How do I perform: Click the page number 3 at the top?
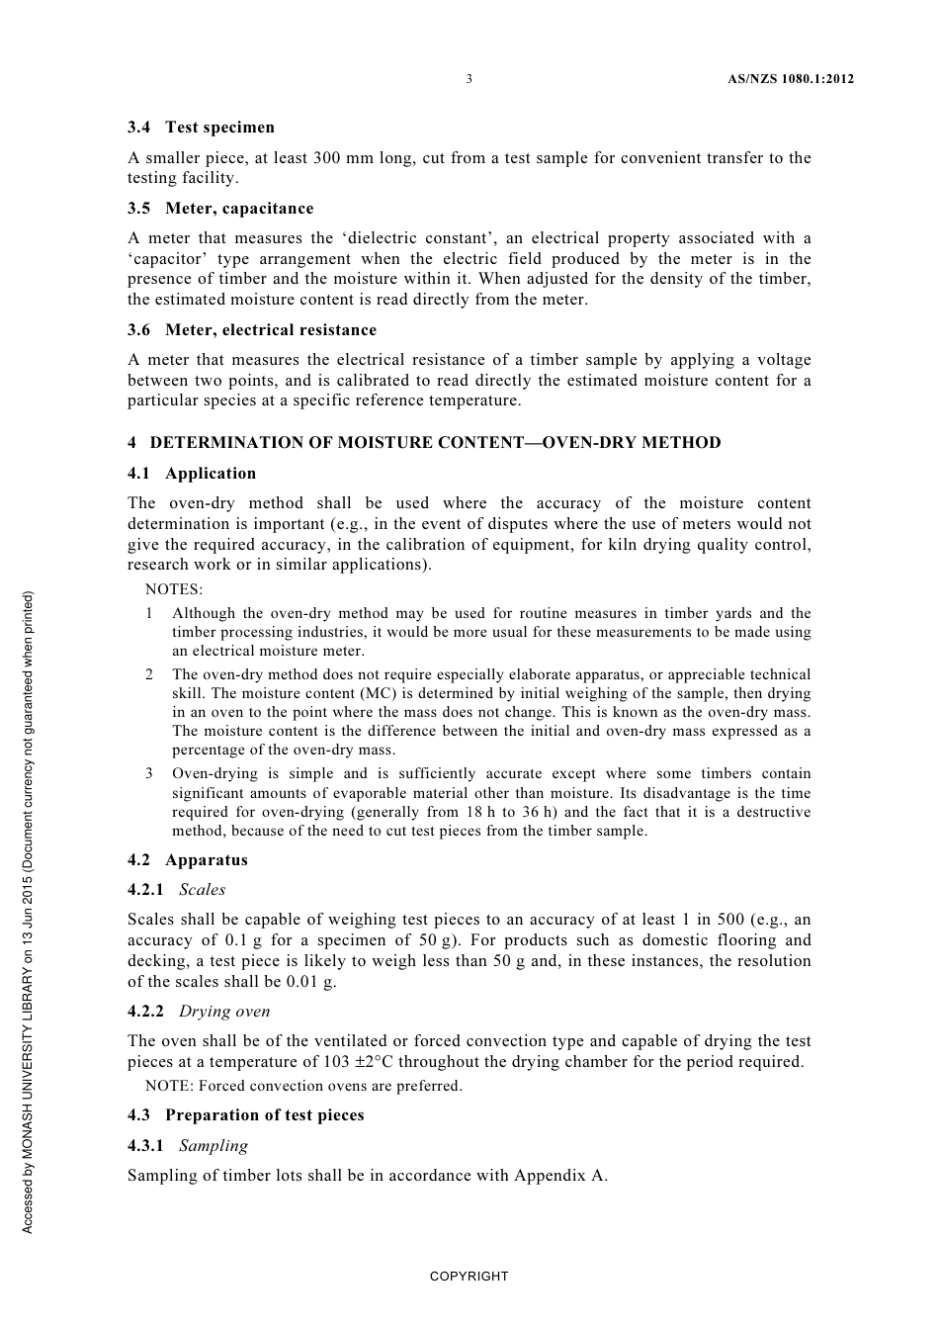click(x=469, y=79)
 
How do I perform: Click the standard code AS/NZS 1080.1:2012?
click(x=783, y=79)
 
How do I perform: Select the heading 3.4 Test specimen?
click(x=201, y=128)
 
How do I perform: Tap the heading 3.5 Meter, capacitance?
click(x=220, y=209)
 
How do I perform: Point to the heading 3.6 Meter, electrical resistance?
click(x=252, y=330)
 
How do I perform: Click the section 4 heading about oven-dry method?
click(x=424, y=443)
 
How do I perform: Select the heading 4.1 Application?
click(x=192, y=474)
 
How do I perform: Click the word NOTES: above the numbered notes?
click(x=174, y=590)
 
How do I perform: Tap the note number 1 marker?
click(x=149, y=613)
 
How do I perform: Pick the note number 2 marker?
click(x=149, y=674)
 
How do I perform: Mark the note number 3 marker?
click(x=149, y=774)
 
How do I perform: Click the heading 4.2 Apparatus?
click(x=188, y=860)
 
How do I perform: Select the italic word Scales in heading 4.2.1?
click(x=203, y=890)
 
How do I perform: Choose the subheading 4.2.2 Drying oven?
click(x=199, y=1012)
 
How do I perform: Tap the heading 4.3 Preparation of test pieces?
click(x=246, y=1115)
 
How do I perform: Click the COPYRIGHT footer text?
click(x=469, y=1277)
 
